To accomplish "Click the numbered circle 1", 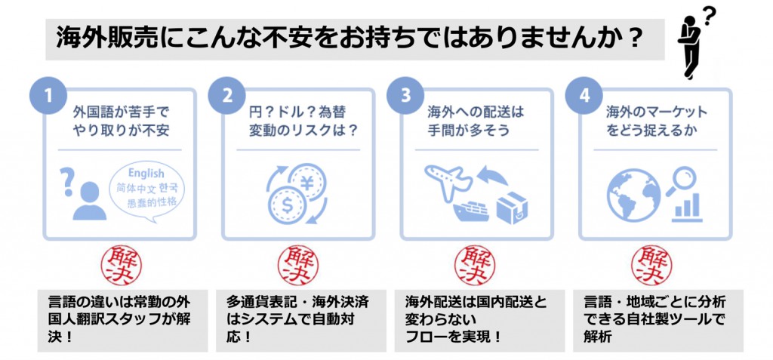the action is coord(48,96).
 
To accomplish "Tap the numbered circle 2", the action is coord(226,96).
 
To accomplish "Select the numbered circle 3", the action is coord(405,96).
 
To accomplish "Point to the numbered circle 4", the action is coord(584,96).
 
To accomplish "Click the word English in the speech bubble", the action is coord(146,173).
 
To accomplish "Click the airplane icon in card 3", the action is coord(448,180).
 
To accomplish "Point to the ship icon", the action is coord(471,211).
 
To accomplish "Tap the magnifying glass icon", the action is coord(682,180).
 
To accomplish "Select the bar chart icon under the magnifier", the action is coord(688,208).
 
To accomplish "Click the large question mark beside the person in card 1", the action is coord(66,181).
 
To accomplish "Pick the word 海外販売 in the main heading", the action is coord(94,38).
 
